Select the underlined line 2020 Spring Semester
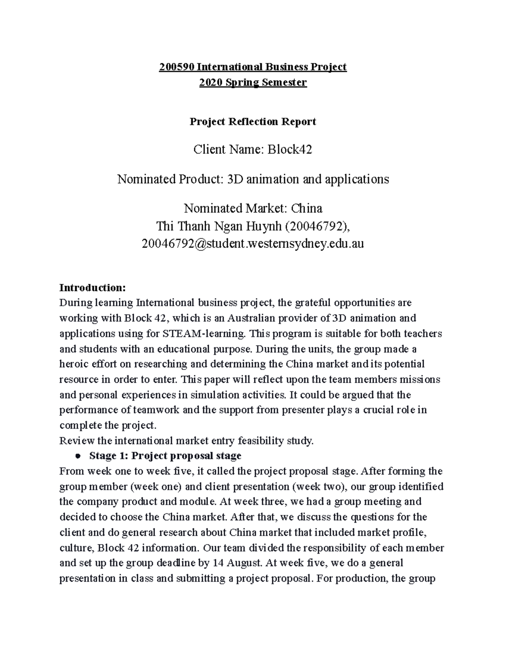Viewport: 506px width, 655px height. pos(253,82)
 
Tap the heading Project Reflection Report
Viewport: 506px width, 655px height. pos(253,122)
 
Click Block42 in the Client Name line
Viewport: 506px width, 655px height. pos(289,149)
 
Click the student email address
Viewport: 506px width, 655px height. pos(253,244)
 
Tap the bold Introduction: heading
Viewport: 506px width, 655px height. pos(92,288)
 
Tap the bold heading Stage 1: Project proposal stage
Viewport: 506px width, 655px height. pos(165,456)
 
